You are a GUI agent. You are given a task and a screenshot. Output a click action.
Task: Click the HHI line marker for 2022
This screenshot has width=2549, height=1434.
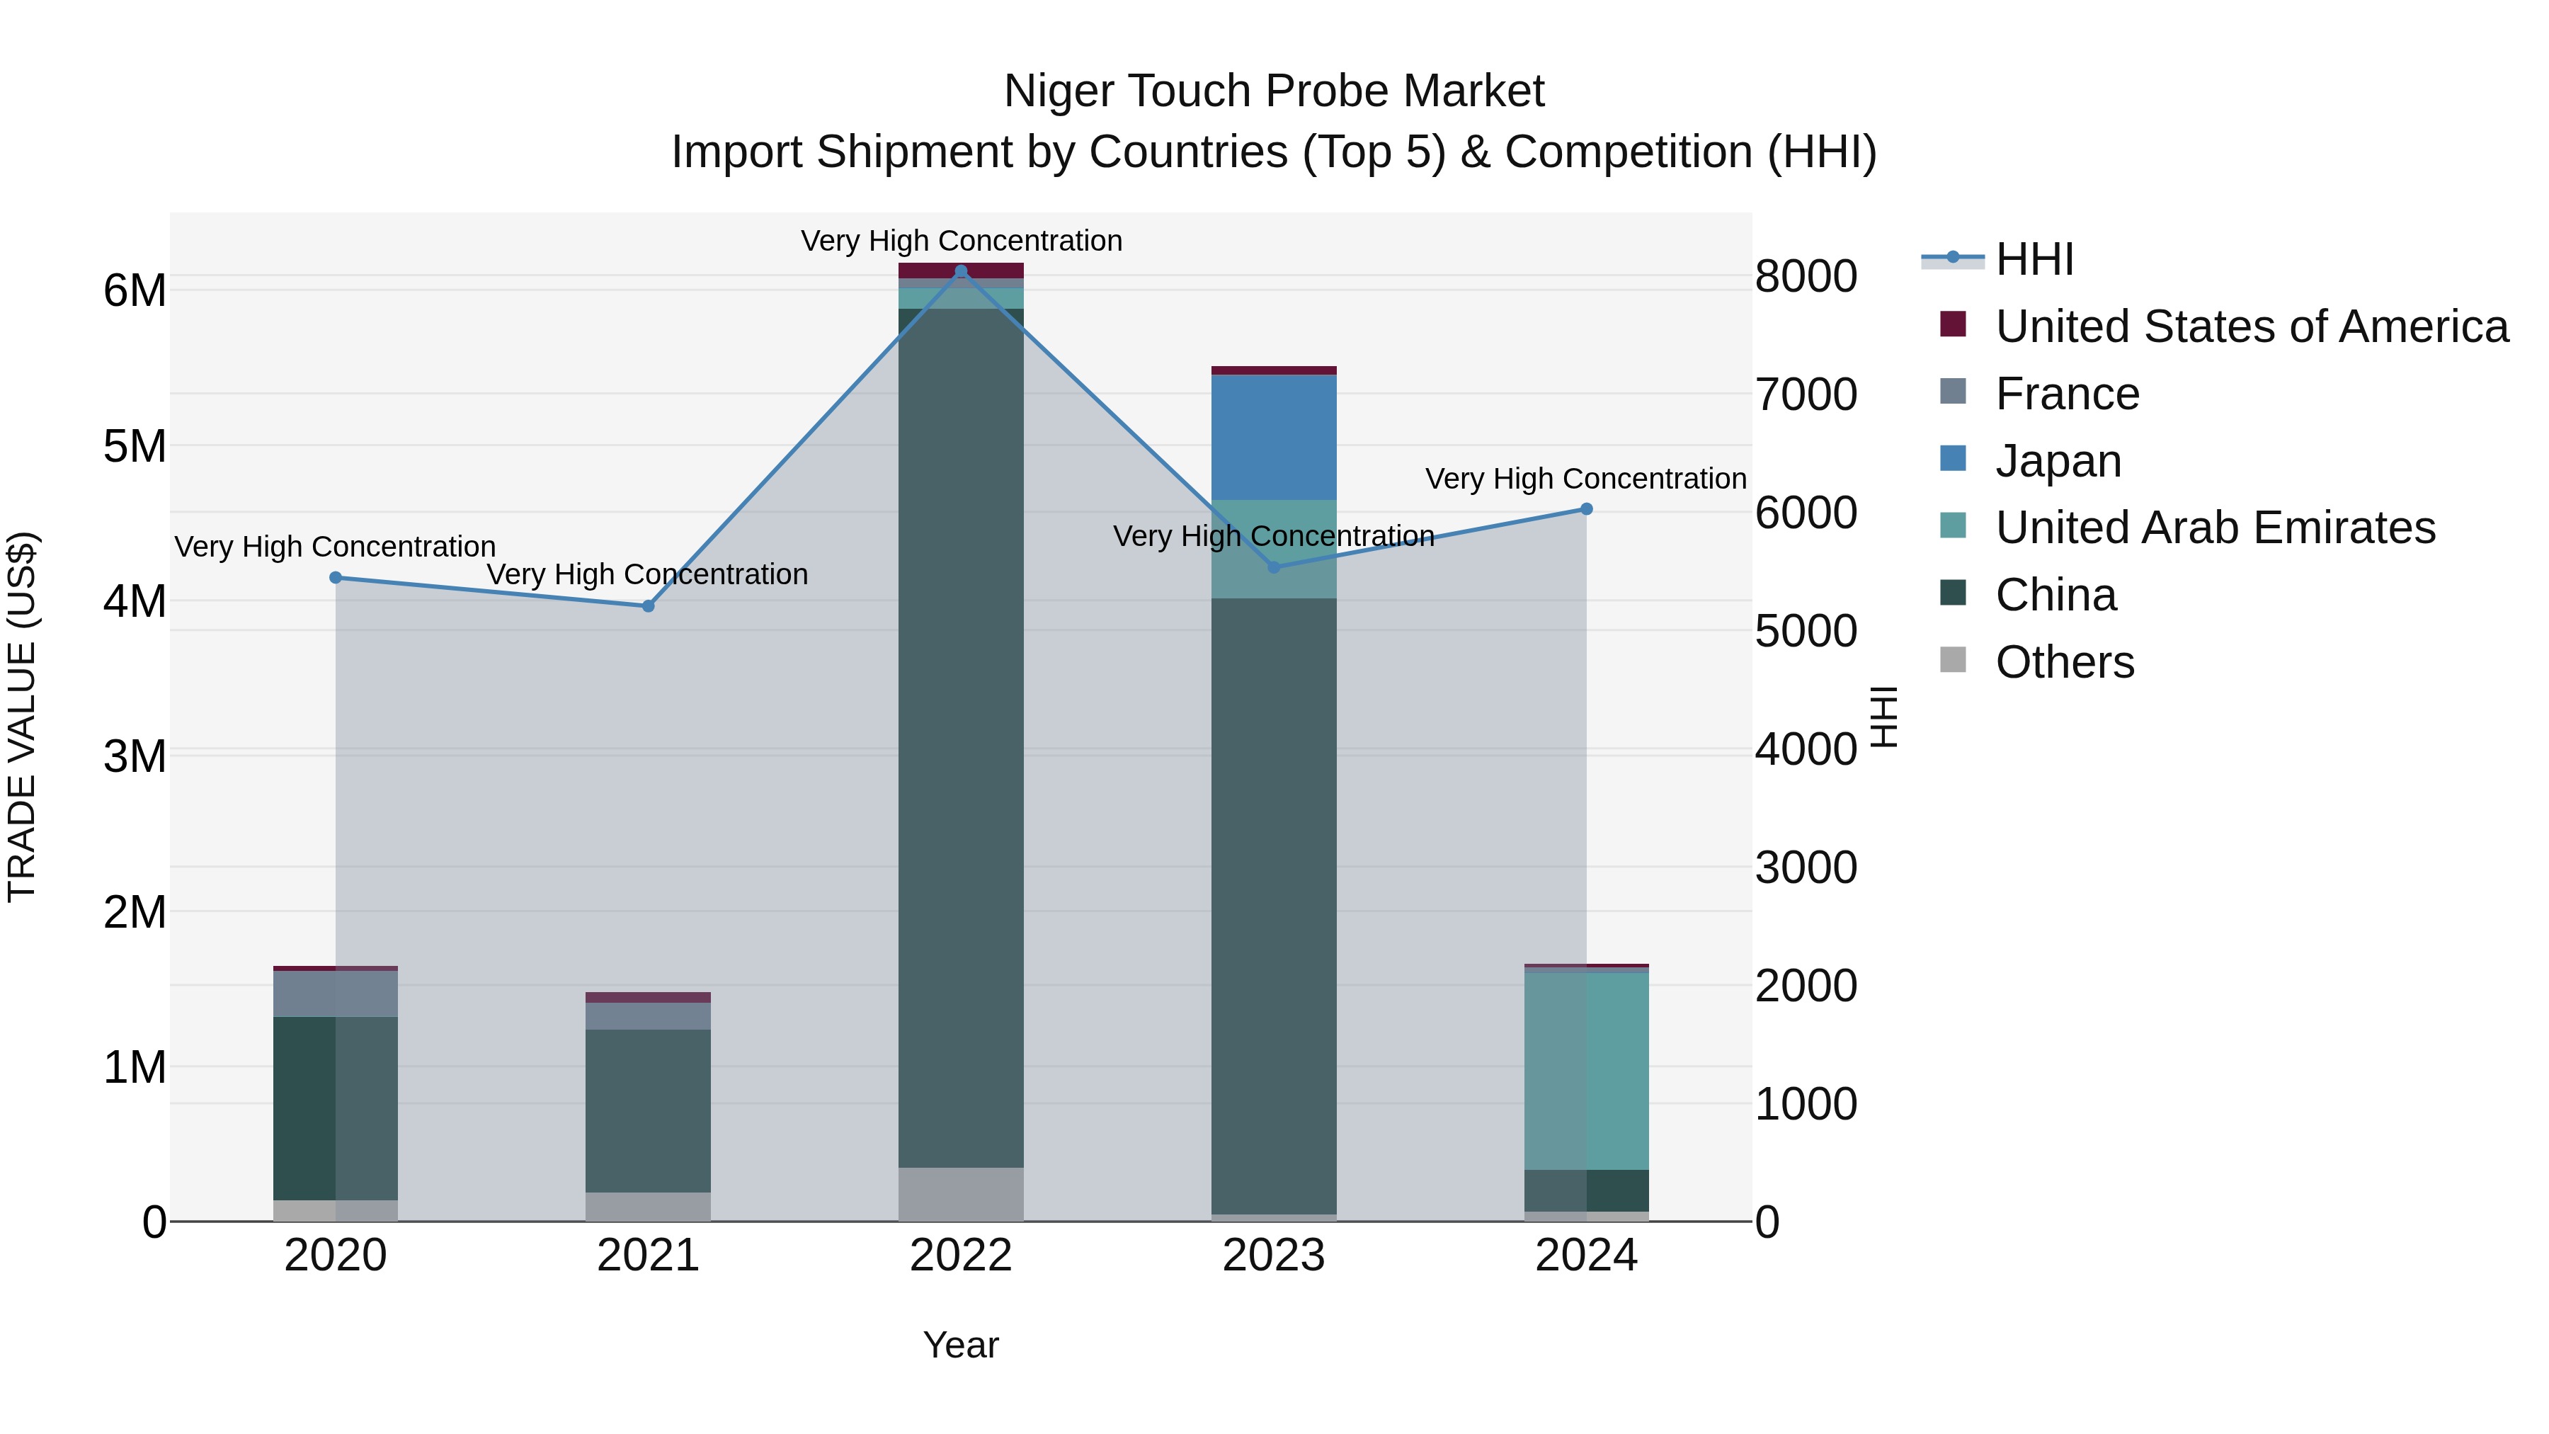[x=960, y=271]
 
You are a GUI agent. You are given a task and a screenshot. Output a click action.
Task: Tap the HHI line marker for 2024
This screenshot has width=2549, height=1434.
[x=1585, y=508]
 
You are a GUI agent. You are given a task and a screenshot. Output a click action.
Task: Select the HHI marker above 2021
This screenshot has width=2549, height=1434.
[x=648, y=605]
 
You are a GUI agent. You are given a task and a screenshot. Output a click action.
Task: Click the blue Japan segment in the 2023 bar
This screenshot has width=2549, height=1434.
[x=1274, y=438]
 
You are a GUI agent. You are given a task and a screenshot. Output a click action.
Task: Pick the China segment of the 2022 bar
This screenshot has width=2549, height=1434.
[x=960, y=737]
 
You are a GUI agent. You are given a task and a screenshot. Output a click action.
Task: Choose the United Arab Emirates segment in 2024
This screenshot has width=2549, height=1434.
[x=1585, y=1071]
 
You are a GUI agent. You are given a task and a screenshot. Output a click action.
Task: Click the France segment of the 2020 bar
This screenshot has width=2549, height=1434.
[x=336, y=994]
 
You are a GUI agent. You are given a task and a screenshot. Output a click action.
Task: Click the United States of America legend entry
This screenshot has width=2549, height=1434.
[x=2251, y=326]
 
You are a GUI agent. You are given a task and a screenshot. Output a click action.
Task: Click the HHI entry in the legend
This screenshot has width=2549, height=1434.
[x=2034, y=259]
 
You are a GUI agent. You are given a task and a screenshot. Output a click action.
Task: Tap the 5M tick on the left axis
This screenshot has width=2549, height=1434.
[x=135, y=446]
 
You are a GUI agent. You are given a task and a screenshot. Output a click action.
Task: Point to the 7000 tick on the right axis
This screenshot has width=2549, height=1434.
[x=1805, y=394]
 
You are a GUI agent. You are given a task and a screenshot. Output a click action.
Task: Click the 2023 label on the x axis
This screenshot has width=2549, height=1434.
[x=1274, y=1256]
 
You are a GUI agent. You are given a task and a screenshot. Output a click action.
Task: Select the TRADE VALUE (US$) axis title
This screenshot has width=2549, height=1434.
[x=22, y=717]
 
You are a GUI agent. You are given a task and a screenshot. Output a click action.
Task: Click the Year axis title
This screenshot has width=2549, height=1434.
[x=960, y=1345]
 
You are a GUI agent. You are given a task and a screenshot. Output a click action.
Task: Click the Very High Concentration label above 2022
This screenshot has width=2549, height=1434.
[x=960, y=241]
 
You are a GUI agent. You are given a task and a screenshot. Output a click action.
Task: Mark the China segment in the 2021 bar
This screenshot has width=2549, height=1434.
[x=648, y=1110]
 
